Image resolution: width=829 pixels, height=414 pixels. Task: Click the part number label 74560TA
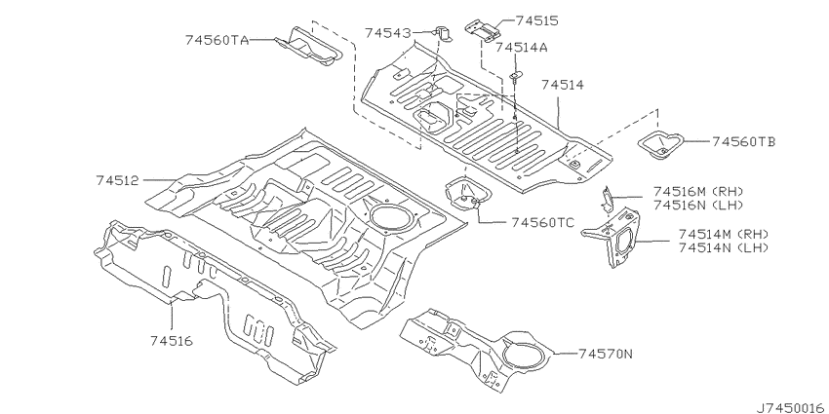click(x=217, y=40)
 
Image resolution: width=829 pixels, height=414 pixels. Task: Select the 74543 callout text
click(x=387, y=33)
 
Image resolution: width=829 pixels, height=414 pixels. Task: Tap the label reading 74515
click(x=536, y=20)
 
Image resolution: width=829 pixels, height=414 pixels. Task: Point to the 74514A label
click(x=522, y=47)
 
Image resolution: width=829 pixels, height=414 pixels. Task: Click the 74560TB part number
click(x=744, y=141)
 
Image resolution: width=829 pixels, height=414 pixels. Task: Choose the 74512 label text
click(x=117, y=180)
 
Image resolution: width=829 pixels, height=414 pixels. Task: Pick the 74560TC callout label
click(x=543, y=223)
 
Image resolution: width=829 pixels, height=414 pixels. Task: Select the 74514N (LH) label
click(x=724, y=247)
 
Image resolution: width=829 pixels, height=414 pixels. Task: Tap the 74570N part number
click(x=605, y=354)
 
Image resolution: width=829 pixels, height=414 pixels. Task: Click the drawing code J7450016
click(x=790, y=407)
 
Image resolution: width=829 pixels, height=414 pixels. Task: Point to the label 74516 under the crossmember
click(x=172, y=341)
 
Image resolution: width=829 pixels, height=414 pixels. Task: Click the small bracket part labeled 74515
click(x=483, y=30)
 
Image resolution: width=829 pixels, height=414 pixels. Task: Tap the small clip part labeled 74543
click(x=443, y=34)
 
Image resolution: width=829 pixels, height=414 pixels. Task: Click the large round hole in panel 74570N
click(x=526, y=354)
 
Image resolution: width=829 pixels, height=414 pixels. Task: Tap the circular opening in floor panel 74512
click(x=391, y=217)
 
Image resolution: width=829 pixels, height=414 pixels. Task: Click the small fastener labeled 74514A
click(x=516, y=76)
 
